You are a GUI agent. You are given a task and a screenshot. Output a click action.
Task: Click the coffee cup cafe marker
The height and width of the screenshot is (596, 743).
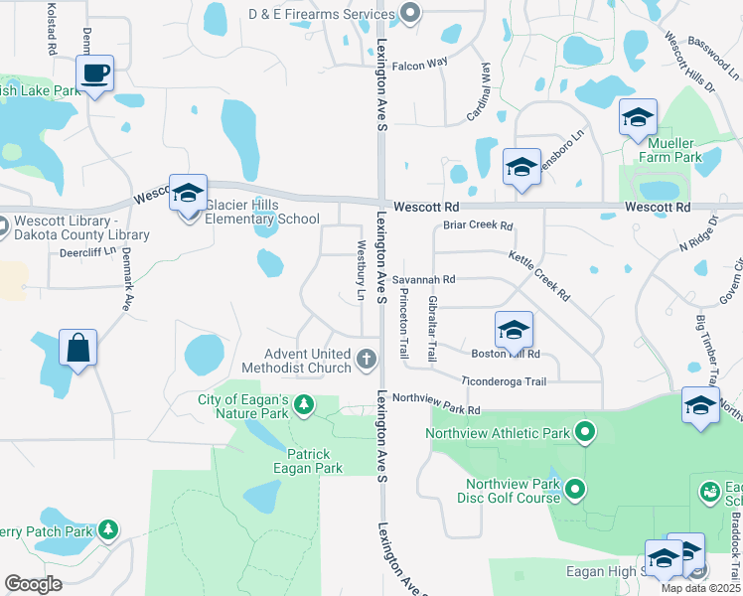pos(94,74)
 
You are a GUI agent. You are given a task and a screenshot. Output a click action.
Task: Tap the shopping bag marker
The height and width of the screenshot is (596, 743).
pos(77,349)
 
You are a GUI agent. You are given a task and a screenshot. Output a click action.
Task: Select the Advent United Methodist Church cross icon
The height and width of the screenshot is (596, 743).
pos(367,358)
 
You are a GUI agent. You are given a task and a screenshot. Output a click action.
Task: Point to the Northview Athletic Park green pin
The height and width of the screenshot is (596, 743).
pos(585,432)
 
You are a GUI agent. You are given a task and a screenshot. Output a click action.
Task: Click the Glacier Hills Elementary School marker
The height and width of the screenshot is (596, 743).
pos(187,194)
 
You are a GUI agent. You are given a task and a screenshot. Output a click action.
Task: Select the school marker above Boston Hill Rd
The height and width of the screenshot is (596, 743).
pos(514,330)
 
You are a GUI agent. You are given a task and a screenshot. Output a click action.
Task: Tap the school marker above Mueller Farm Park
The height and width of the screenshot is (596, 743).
pos(638,117)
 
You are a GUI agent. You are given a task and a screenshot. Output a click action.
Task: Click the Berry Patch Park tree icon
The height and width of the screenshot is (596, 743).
pos(107,530)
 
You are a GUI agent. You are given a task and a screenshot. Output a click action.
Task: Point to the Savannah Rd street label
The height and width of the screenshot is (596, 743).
pos(423,280)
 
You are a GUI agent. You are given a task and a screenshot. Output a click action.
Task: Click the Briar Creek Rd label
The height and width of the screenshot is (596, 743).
pos(478,225)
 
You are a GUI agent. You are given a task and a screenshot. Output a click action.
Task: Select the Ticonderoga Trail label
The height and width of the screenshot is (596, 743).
pos(505,381)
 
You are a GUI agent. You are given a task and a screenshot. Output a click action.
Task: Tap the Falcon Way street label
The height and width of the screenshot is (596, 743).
pos(420,65)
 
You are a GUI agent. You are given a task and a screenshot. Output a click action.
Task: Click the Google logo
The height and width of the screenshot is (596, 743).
pos(33,584)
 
